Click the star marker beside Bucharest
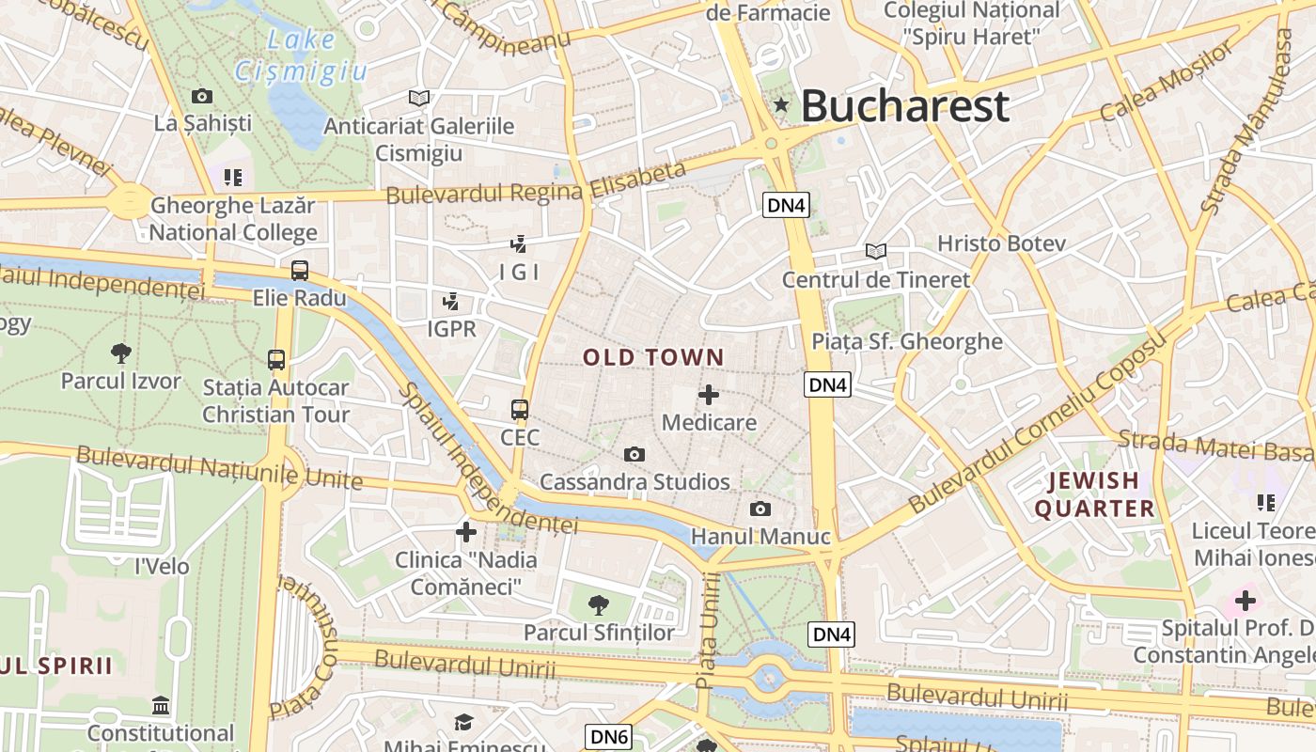781,104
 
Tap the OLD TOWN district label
653,357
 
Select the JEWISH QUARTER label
1094,494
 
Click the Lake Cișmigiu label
301,55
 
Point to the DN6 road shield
609,737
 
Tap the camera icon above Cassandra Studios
634,455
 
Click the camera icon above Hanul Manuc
760,509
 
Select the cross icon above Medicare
709,395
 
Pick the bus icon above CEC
520,410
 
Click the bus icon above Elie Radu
300,271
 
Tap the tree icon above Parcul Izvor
120,353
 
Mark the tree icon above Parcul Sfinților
598,604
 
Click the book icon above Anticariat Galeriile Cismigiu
419,98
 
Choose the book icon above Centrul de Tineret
876,251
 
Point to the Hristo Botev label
1001,243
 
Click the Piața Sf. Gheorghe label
907,341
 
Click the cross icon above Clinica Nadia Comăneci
466,532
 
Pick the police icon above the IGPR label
452,301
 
